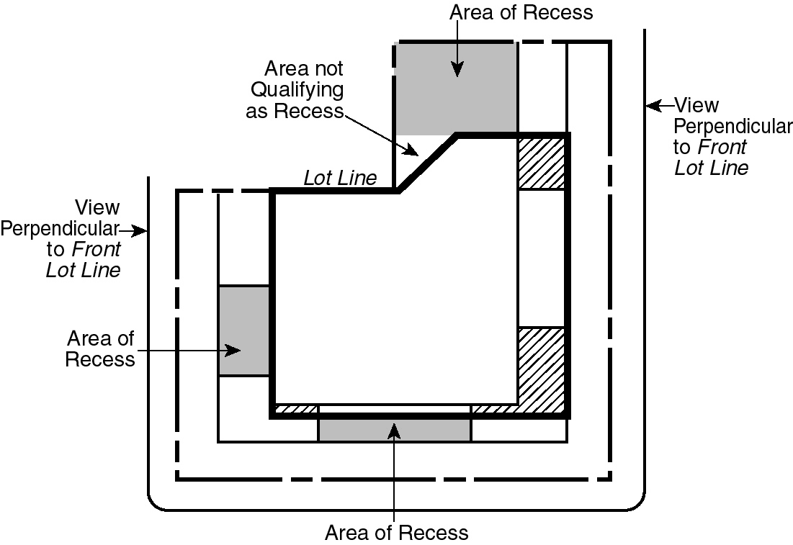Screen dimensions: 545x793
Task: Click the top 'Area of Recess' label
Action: pyautogui.click(x=521, y=12)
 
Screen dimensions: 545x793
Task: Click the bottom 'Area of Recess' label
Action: pyautogui.click(x=396, y=533)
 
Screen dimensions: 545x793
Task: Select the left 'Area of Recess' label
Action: pyautogui.click(x=100, y=348)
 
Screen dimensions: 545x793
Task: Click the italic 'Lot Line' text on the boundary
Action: pyautogui.click(x=340, y=178)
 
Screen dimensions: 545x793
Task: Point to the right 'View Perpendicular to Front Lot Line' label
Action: pyautogui.click(x=731, y=136)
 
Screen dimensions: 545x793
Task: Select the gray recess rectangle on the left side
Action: pyautogui.click(x=244, y=330)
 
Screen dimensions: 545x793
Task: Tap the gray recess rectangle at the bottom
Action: pyautogui.click(x=394, y=430)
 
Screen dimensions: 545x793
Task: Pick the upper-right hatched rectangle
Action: pyautogui.click(x=541, y=163)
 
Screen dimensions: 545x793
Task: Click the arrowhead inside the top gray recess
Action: pyautogui.click(x=456, y=70)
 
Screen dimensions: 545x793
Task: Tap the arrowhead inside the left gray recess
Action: pyautogui.click(x=233, y=351)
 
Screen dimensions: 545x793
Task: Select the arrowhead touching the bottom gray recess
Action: pyautogui.click(x=394, y=430)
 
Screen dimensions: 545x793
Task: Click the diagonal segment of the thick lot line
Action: pyautogui.click(x=427, y=163)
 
